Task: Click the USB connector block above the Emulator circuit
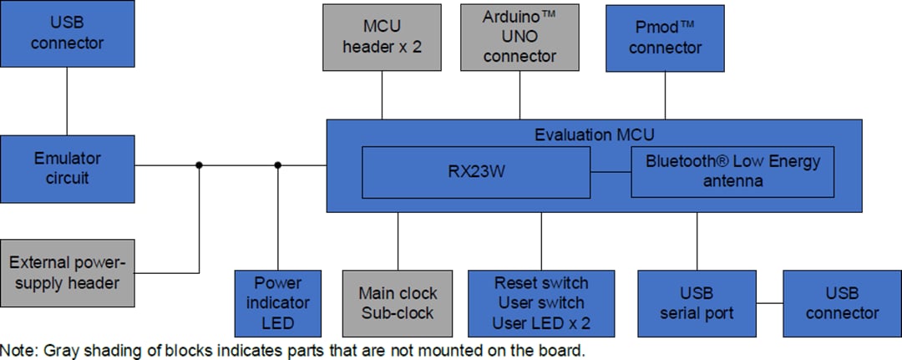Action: tap(67, 33)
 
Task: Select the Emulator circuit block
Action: tap(67, 168)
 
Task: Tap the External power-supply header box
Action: tap(67, 272)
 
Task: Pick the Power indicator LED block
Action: tap(276, 303)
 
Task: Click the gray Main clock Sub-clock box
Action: tap(398, 303)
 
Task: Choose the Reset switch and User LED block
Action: tap(541, 303)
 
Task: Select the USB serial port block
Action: tap(697, 303)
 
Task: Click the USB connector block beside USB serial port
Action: tap(841, 303)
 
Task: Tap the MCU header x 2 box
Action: tap(382, 38)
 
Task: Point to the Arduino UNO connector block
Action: tap(519, 38)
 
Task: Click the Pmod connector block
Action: tap(666, 38)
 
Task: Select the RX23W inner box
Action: tap(476, 173)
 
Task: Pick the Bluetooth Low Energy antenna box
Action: tap(732, 173)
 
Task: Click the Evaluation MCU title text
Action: tap(594, 134)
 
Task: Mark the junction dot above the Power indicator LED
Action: tap(277, 165)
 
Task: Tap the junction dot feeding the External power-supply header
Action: tap(199, 165)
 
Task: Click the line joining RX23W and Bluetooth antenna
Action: tap(611, 173)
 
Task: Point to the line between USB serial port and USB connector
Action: tap(768, 303)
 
